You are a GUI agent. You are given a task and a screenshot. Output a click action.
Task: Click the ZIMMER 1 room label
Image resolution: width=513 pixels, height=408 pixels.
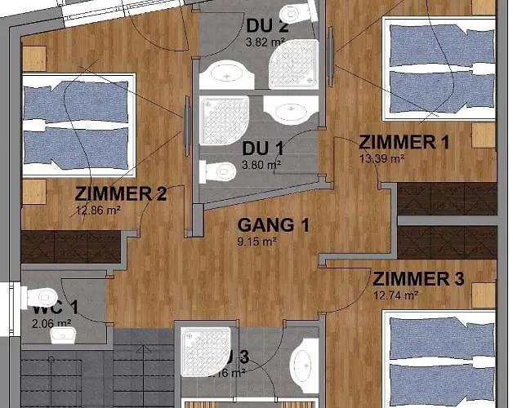[x=404, y=142]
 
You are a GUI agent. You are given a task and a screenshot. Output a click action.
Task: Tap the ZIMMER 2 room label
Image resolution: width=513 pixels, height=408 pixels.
[x=121, y=194]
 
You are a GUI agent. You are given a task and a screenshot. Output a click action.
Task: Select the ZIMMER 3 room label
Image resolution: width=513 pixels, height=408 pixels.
[x=418, y=279]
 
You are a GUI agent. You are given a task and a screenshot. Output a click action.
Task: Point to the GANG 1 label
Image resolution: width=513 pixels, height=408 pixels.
[x=273, y=224]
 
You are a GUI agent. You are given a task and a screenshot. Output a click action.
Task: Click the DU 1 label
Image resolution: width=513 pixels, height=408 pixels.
[x=263, y=149]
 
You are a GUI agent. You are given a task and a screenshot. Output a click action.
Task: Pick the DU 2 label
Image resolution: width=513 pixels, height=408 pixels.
[x=266, y=25]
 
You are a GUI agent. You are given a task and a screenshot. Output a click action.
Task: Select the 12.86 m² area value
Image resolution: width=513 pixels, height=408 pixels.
[x=98, y=210]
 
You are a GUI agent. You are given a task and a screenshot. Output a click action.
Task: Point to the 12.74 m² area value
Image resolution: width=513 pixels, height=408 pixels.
[x=396, y=295]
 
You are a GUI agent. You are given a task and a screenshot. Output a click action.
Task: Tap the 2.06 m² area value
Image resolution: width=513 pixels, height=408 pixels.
[x=52, y=324]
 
